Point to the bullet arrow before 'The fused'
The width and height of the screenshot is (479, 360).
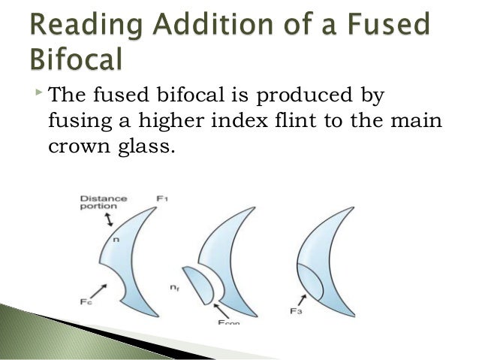38,92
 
